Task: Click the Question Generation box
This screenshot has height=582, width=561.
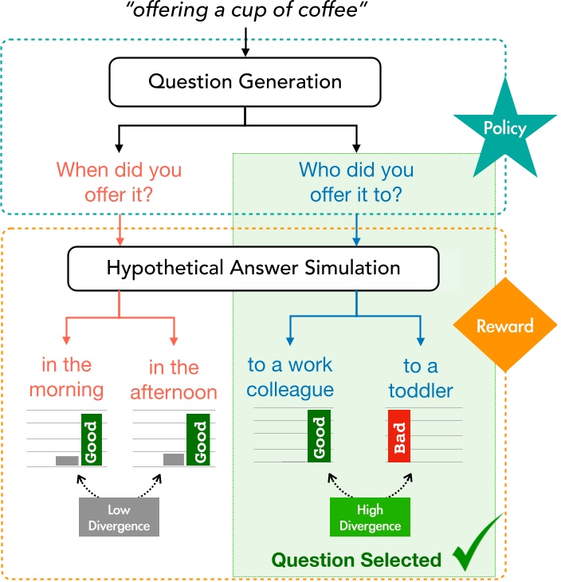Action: (x=245, y=82)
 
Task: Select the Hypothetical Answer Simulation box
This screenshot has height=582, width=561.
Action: (x=253, y=269)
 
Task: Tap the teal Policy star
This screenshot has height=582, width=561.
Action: (x=504, y=129)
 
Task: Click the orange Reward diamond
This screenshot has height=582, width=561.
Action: (x=505, y=325)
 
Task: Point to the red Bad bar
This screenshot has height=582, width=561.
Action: (x=399, y=436)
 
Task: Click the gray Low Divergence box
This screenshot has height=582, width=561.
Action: (x=119, y=517)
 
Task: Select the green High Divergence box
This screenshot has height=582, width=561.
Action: (x=370, y=517)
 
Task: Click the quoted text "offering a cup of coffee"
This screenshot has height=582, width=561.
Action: (x=246, y=10)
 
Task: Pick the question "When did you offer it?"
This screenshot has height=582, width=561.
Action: (x=119, y=182)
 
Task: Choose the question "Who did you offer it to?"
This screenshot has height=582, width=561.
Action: (x=356, y=182)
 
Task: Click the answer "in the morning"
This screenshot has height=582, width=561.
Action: (x=66, y=377)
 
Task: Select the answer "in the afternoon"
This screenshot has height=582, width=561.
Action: (x=174, y=379)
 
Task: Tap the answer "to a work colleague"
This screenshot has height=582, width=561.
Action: (x=290, y=377)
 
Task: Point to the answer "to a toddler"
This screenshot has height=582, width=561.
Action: (x=421, y=378)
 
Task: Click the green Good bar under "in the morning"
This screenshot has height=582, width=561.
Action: (x=92, y=439)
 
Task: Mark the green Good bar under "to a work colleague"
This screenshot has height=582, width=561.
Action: (x=319, y=436)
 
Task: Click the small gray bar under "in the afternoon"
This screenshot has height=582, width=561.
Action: (x=174, y=459)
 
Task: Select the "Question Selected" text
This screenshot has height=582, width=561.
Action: (x=356, y=560)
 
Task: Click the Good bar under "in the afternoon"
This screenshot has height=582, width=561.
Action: (x=198, y=439)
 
